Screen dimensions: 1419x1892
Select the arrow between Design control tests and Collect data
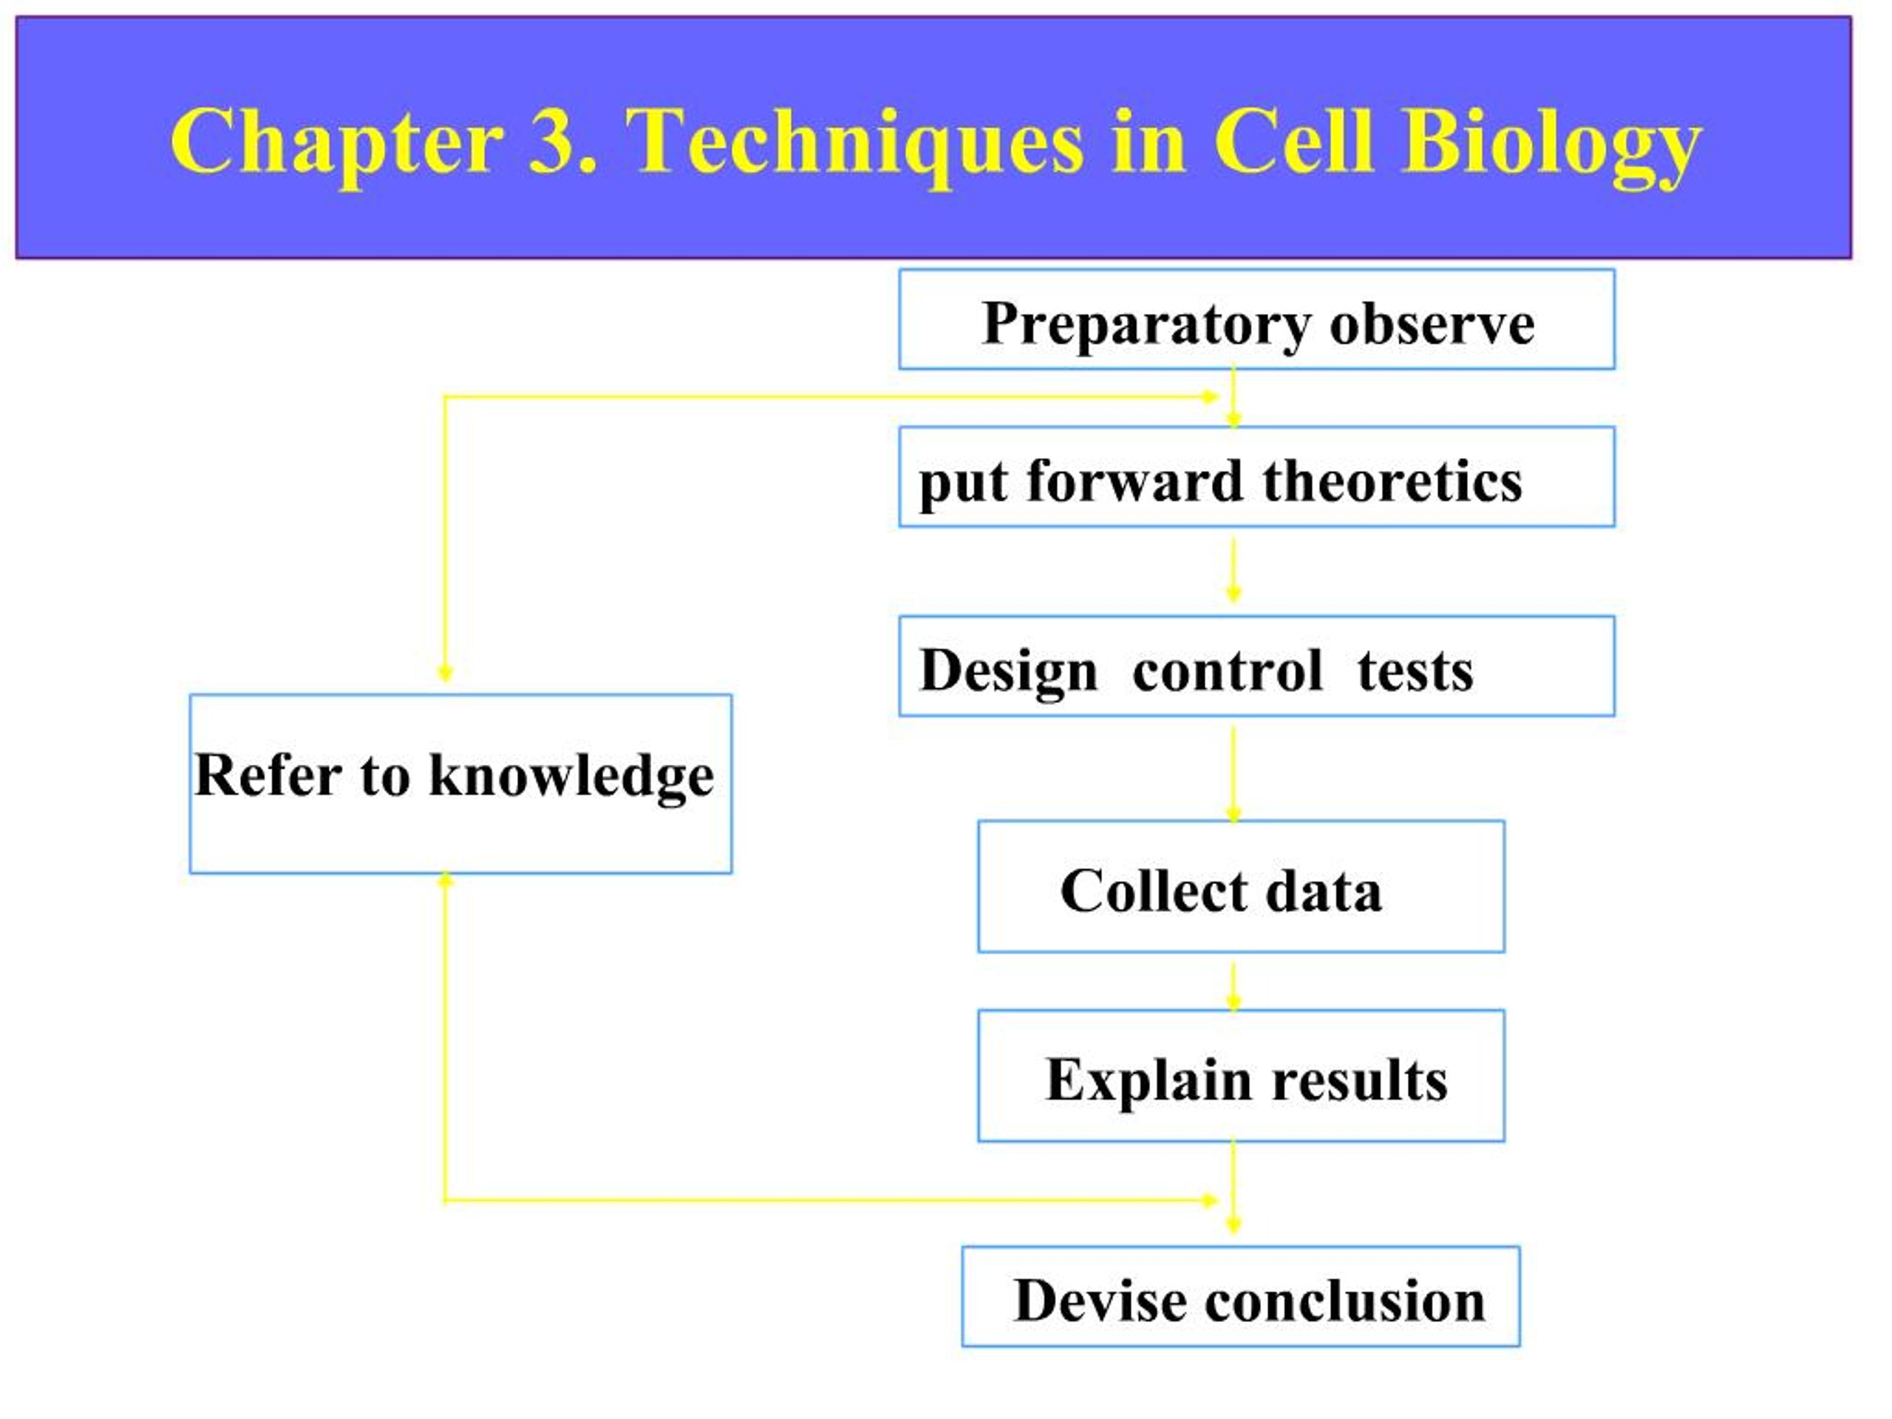click(x=1233, y=772)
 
